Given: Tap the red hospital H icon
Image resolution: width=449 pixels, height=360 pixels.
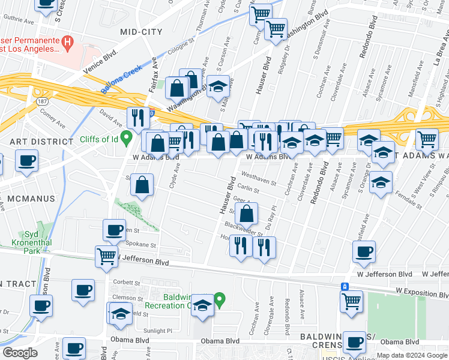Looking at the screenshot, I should click(68, 43).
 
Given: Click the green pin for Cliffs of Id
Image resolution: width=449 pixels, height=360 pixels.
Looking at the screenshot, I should click(126, 139).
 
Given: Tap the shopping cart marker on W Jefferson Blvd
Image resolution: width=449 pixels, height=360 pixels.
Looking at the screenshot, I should click(106, 256).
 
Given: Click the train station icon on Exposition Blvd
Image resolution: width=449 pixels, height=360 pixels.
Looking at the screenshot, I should click(345, 287).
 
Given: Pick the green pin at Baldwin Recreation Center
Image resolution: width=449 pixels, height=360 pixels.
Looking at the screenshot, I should click(220, 298).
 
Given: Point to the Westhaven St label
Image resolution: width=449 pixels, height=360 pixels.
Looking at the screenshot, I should click(258, 175).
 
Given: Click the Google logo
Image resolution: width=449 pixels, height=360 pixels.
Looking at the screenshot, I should click(20, 353).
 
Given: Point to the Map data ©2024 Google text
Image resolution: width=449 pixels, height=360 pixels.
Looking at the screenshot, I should click(411, 355).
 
